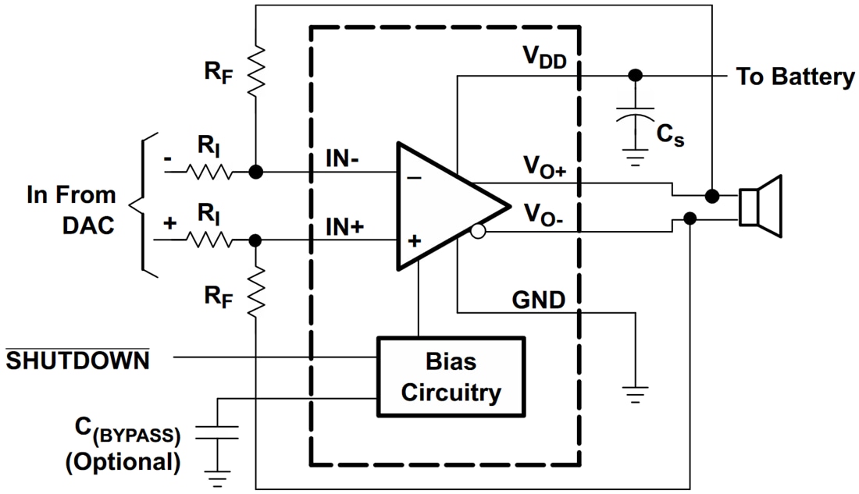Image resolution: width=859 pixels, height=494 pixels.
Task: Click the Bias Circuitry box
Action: (451, 377)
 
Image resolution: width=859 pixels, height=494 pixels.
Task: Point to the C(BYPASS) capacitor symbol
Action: (217, 432)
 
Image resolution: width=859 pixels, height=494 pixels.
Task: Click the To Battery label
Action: (795, 76)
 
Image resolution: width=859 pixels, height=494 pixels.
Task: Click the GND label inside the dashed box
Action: (538, 299)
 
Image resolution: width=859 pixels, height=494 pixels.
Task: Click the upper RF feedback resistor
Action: (255, 70)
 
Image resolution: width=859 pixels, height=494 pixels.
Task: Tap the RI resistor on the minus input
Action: (209, 172)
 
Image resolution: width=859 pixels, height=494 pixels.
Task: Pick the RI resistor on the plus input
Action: (209, 240)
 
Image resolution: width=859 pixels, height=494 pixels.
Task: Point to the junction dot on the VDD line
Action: (636, 75)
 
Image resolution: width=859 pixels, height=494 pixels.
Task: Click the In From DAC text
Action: (71, 210)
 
